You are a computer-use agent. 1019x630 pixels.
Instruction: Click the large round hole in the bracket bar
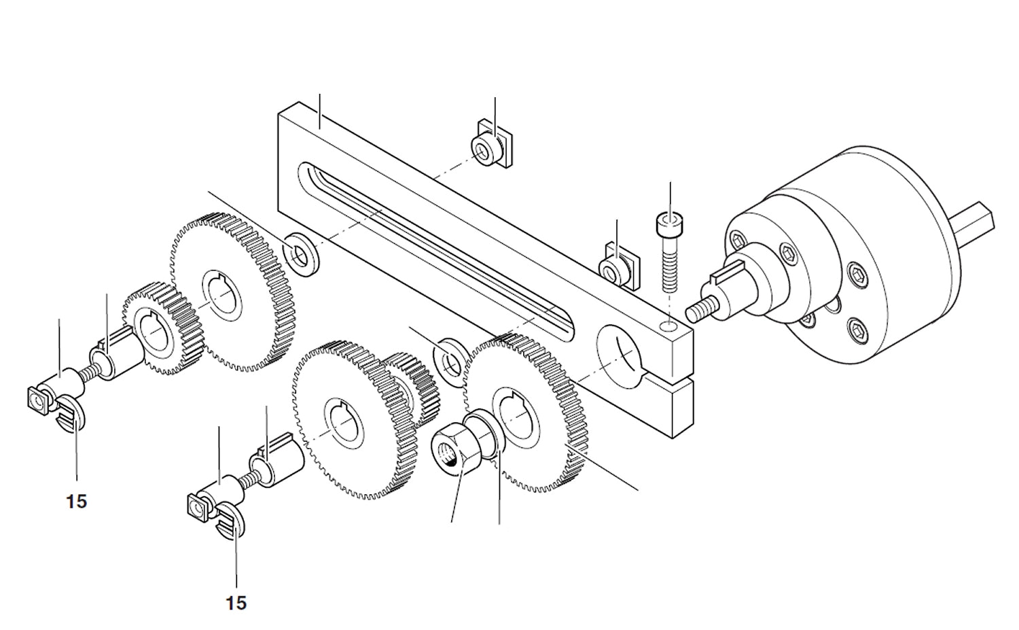620,349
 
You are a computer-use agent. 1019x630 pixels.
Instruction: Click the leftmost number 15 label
77,502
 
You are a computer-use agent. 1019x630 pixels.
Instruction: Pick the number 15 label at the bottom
236,603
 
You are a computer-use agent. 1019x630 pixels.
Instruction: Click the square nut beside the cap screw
618,268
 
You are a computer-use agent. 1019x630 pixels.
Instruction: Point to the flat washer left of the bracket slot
299,253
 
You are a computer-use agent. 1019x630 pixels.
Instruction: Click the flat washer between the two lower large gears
449,357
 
